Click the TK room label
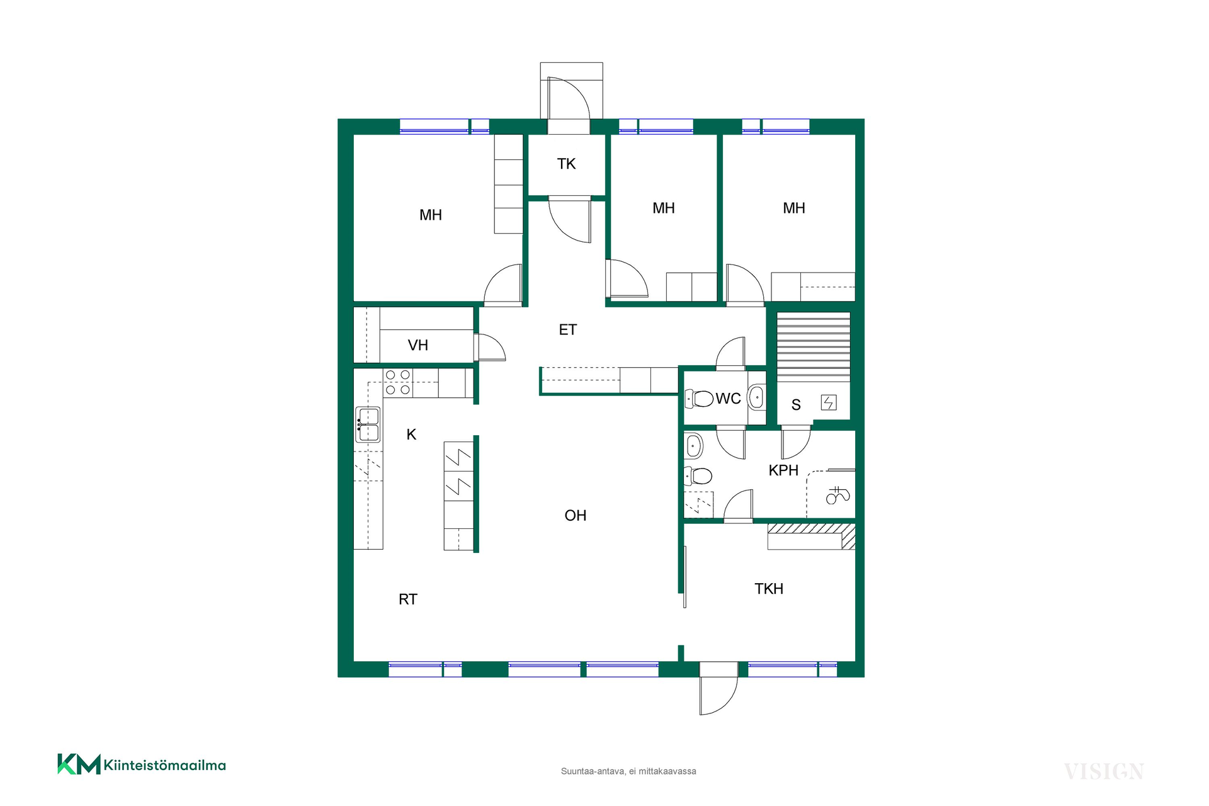tap(566, 164)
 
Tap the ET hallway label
tap(567, 329)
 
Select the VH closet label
tap(418, 345)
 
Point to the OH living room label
tap(576, 516)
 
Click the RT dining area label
tap(408, 599)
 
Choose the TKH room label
tap(769, 589)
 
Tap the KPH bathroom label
tap(783, 470)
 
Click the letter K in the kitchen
tap(411, 434)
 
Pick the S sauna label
tap(796, 405)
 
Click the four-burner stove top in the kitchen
tap(397, 382)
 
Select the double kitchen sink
tap(368, 424)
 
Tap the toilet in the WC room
tap(699, 398)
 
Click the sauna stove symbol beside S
tap(829, 402)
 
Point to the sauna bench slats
tap(814, 347)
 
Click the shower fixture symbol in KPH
tap(837, 495)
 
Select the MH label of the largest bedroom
tap(431, 215)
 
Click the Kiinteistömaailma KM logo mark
tap(79, 764)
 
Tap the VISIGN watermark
tap(1104, 771)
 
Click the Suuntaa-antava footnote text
tap(628, 771)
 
